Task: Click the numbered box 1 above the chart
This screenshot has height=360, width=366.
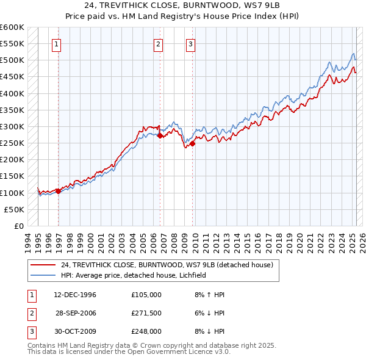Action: click(x=56, y=43)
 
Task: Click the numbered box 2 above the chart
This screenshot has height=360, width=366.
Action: click(x=158, y=43)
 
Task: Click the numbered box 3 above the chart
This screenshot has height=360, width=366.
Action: click(x=190, y=43)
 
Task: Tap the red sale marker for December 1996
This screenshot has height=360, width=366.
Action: click(x=59, y=191)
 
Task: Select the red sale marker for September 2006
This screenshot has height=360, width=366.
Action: click(x=160, y=136)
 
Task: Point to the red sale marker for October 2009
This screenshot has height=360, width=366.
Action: click(x=192, y=144)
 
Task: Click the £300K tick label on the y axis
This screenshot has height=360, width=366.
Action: click(x=13, y=126)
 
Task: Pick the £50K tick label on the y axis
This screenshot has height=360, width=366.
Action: click(x=15, y=209)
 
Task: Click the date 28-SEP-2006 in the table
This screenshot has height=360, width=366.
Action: click(x=76, y=312)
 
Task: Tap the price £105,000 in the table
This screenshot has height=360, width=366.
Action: click(x=146, y=294)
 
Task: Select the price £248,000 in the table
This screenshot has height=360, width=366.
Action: click(x=146, y=331)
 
